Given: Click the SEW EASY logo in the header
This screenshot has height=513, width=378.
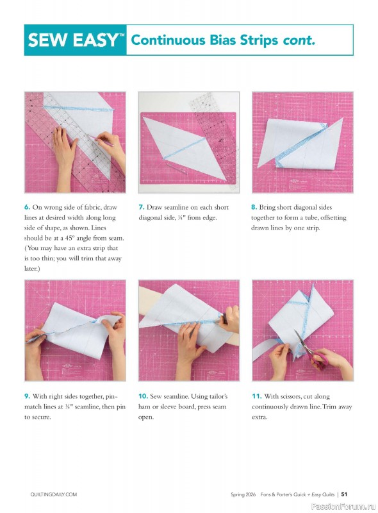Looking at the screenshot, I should pyautogui.click(x=75, y=40).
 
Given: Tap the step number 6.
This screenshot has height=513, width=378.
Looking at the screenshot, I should pyautogui.click(x=28, y=207).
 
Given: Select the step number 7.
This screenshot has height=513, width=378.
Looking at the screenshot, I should pyautogui.click(x=142, y=207).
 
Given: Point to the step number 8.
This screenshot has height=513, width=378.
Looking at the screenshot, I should pyautogui.click(x=254, y=207).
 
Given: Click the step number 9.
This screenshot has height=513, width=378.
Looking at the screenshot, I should pyautogui.click(x=28, y=396).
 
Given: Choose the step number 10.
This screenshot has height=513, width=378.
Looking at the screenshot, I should pyautogui.click(x=144, y=396).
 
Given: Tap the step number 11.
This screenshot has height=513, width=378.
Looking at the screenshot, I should pyautogui.click(x=257, y=396).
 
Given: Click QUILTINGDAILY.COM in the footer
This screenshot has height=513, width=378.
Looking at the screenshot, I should pyautogui.click(x=54, y=494).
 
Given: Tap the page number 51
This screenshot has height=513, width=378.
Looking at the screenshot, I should pyautogui.click(x=344, y=494).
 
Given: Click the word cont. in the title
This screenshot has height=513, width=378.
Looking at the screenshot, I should pyautogui.click(x=299, y=40).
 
